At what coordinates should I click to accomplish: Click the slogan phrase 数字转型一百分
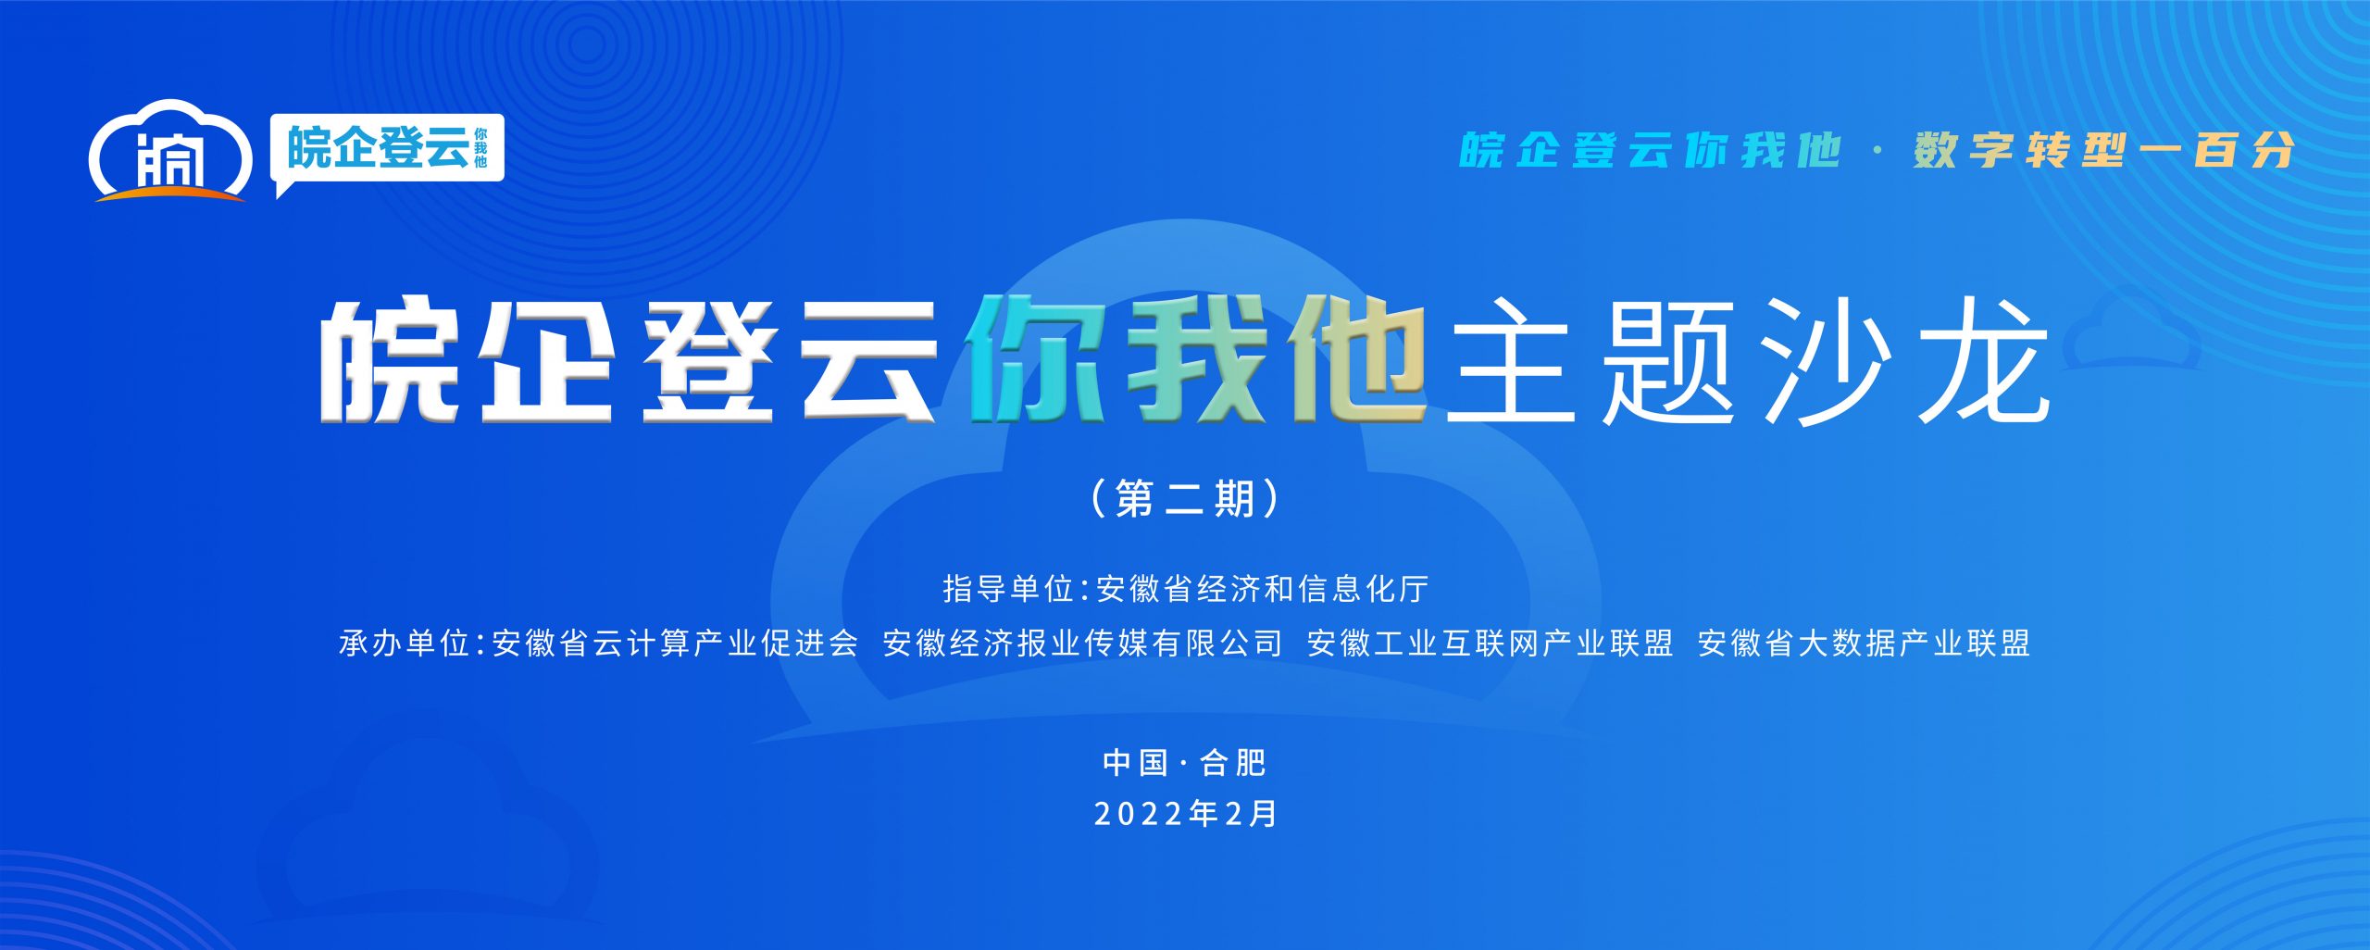[2104, 150]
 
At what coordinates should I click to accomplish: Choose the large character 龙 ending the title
[1982, 361]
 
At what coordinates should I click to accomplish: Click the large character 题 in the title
[1667, 361]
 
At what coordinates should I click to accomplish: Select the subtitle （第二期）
[1185, 499]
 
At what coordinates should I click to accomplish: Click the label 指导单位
[1007, 589]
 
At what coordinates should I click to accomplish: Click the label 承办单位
[405, 643]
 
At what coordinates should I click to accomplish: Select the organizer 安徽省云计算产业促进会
[676, 643]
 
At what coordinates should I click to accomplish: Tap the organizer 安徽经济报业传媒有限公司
[1083, 643]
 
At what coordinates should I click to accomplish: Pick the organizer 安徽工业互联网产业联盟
[1491, 643]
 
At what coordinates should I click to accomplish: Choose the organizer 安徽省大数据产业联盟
[1865, 643]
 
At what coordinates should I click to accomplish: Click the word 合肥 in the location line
[1233, 763]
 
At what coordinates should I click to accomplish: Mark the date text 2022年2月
[1185, 814]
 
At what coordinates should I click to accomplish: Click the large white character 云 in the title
[870, 360]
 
